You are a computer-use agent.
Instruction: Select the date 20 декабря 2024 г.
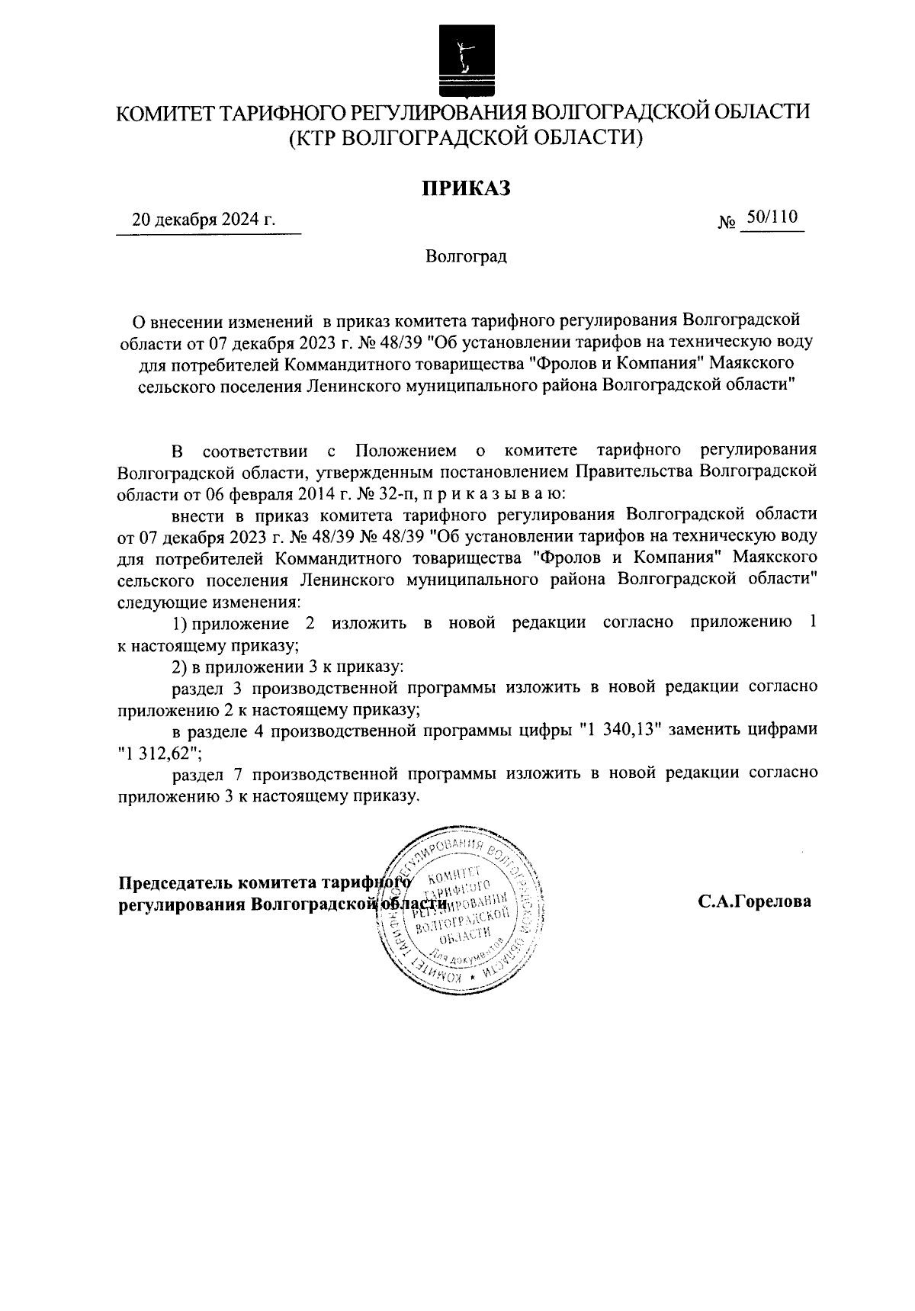(204, 221)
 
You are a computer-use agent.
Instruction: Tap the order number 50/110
(772, 218)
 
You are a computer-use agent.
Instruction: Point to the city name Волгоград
(466, 257)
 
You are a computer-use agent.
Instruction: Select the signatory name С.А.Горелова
(754, 901)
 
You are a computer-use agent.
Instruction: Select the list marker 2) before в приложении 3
(180, 666)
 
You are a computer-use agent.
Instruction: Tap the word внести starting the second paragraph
(197, 515)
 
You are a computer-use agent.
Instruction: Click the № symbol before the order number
(727, 223)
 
